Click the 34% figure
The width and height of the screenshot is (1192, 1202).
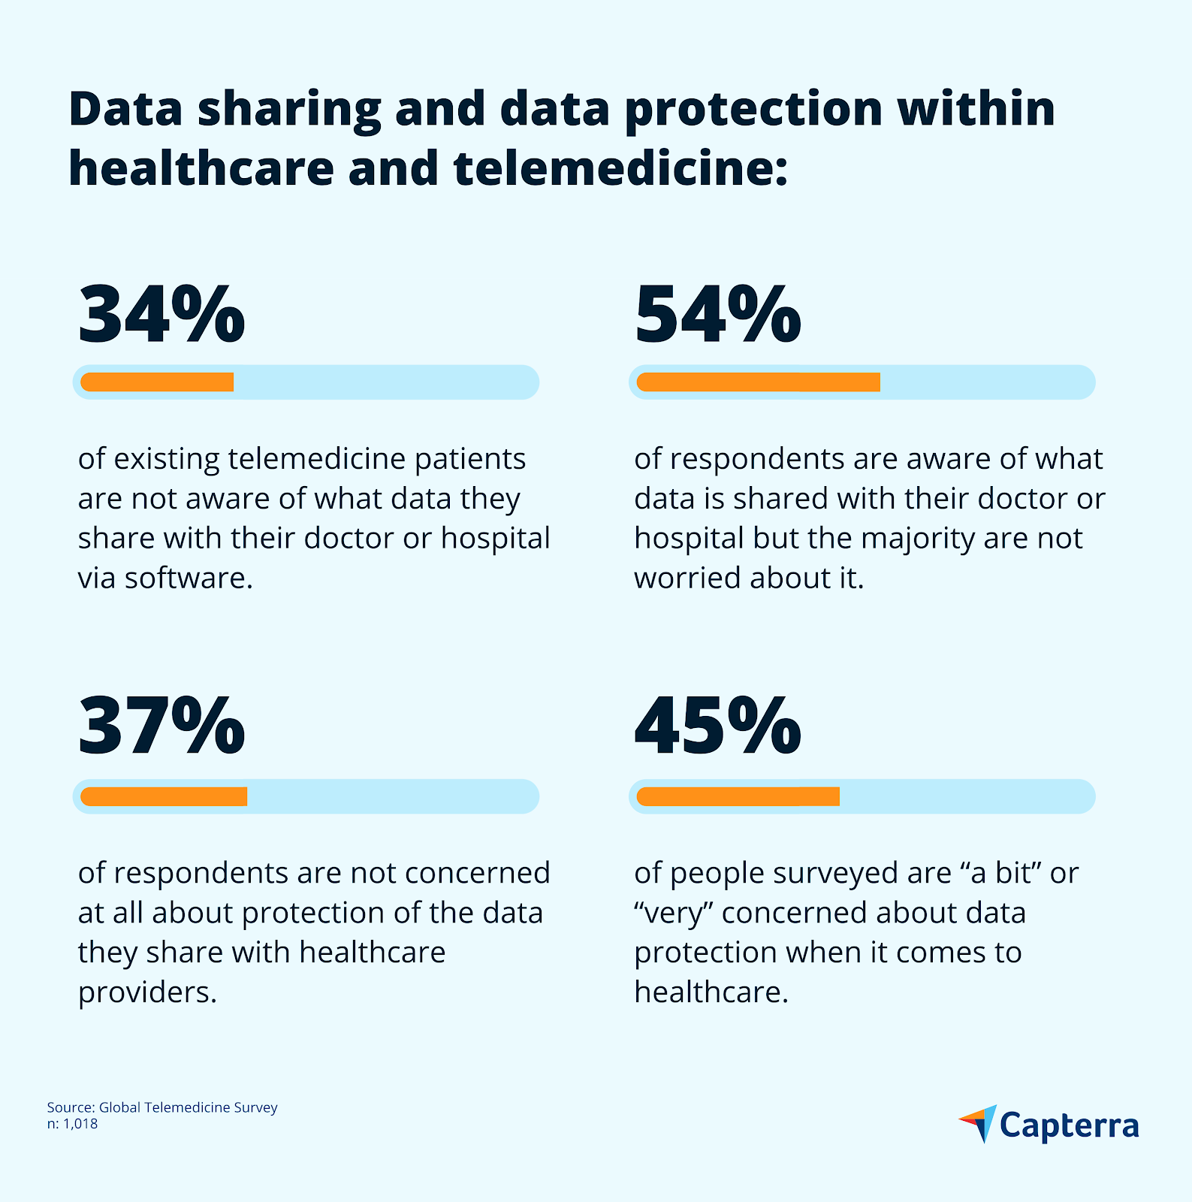click(x=161, y=314)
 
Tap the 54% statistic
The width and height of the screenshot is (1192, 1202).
click(x=717, y=314)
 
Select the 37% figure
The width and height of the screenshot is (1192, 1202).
click(x=161, y=726)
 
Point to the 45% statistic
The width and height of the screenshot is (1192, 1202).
click(x=717, y=726)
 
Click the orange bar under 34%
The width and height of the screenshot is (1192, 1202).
click(x=157, y=382)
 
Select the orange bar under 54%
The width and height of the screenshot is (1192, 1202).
click(x=758, y=382)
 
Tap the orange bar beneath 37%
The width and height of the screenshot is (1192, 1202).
click(x=164, y=796)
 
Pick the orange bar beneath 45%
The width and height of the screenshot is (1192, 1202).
click(x=738, y=796)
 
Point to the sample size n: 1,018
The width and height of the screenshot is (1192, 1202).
click(x=72, y=1124)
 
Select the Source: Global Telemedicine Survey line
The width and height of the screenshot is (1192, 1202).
click(x=162, y=1107)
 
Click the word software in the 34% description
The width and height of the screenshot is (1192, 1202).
click(x=188, y=578)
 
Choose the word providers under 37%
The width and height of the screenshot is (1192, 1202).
click(x=147, y=992)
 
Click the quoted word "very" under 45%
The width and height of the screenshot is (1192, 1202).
click(x=673, y=913)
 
